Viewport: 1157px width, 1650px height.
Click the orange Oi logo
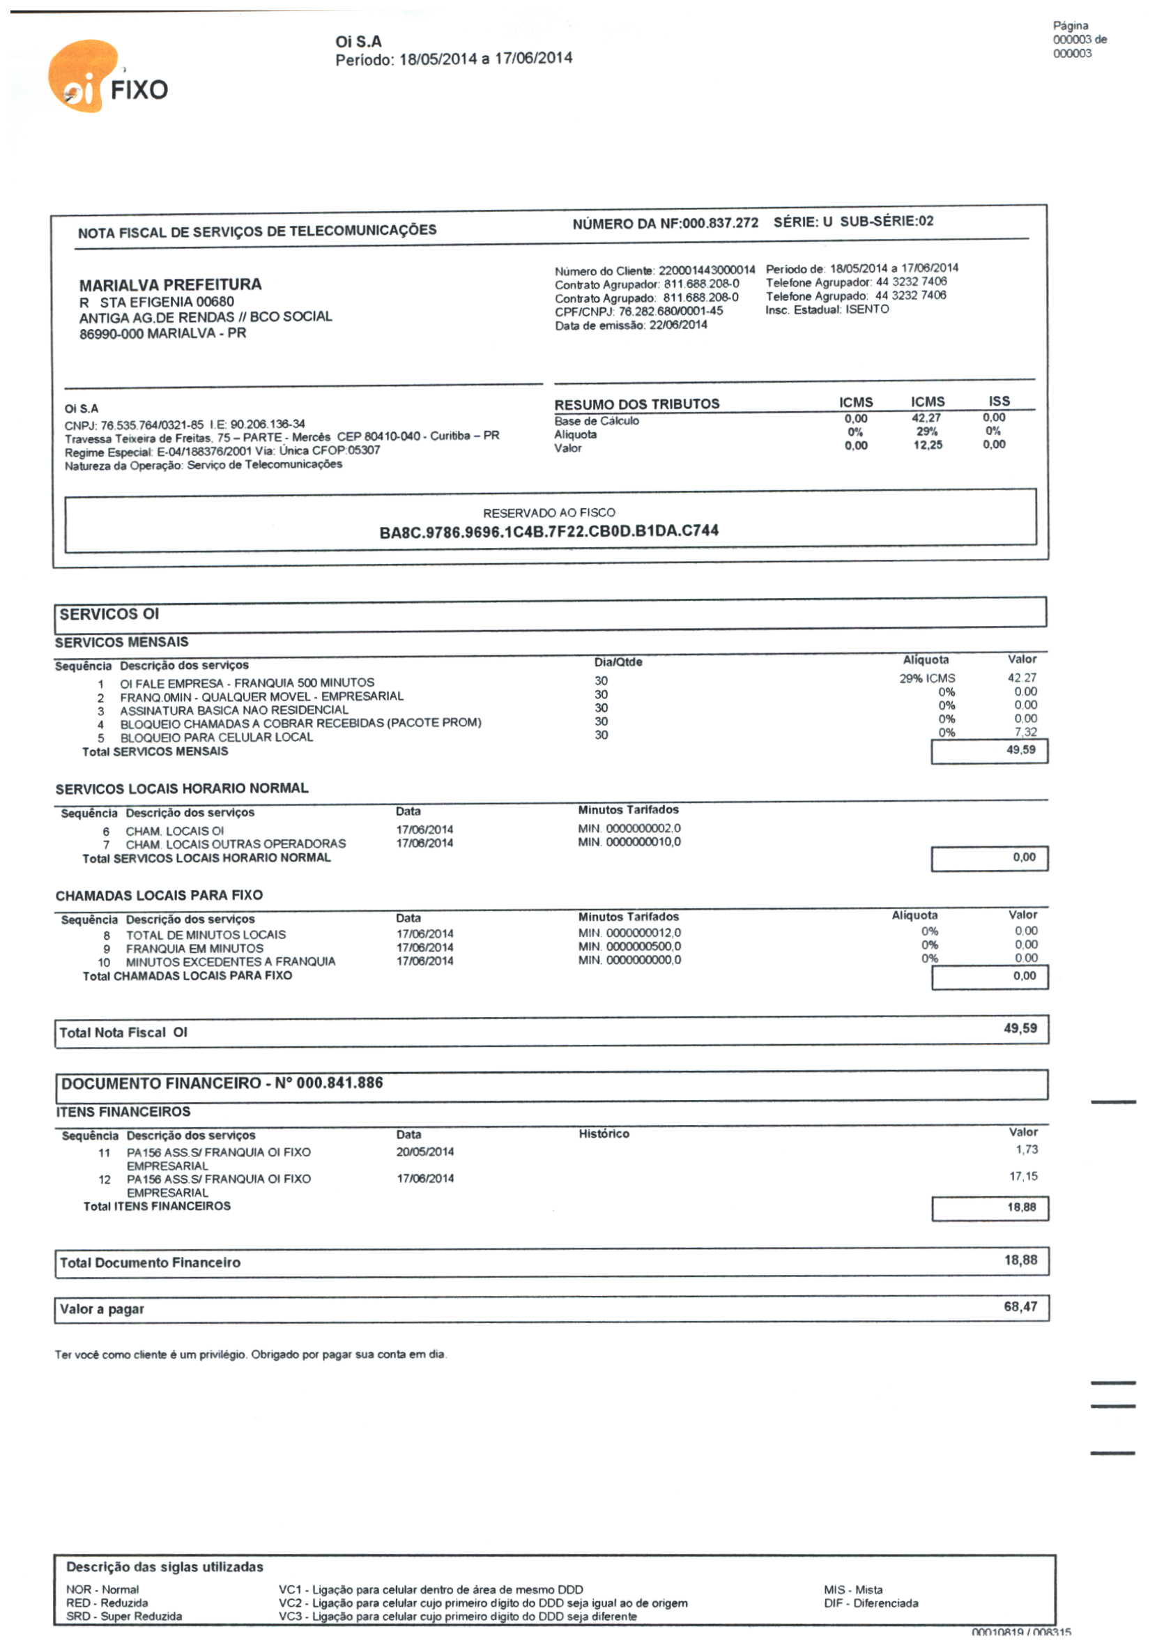click(83, 76)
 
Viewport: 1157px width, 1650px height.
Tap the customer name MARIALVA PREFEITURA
click(170, 284)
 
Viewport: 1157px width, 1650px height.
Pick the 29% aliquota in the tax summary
click(926, 431)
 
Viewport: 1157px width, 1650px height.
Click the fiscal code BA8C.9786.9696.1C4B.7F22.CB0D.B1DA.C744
click(549, 531)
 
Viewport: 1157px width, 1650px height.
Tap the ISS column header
click(998, 401)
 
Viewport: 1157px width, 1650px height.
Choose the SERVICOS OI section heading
click(109, 614)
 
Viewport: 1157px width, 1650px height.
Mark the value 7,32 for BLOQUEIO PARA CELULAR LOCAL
click(1025, 733)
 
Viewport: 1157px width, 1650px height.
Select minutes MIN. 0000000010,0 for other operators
click(629, 842)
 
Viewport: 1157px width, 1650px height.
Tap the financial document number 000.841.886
click(339, 1083)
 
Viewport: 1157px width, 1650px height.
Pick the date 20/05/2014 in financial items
click(424, 1152)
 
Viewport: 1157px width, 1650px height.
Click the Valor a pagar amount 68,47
click(1020, 1306)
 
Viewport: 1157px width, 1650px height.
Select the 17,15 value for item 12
click(1023, 1177)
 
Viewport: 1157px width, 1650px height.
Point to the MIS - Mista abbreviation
click(853, 1589)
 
